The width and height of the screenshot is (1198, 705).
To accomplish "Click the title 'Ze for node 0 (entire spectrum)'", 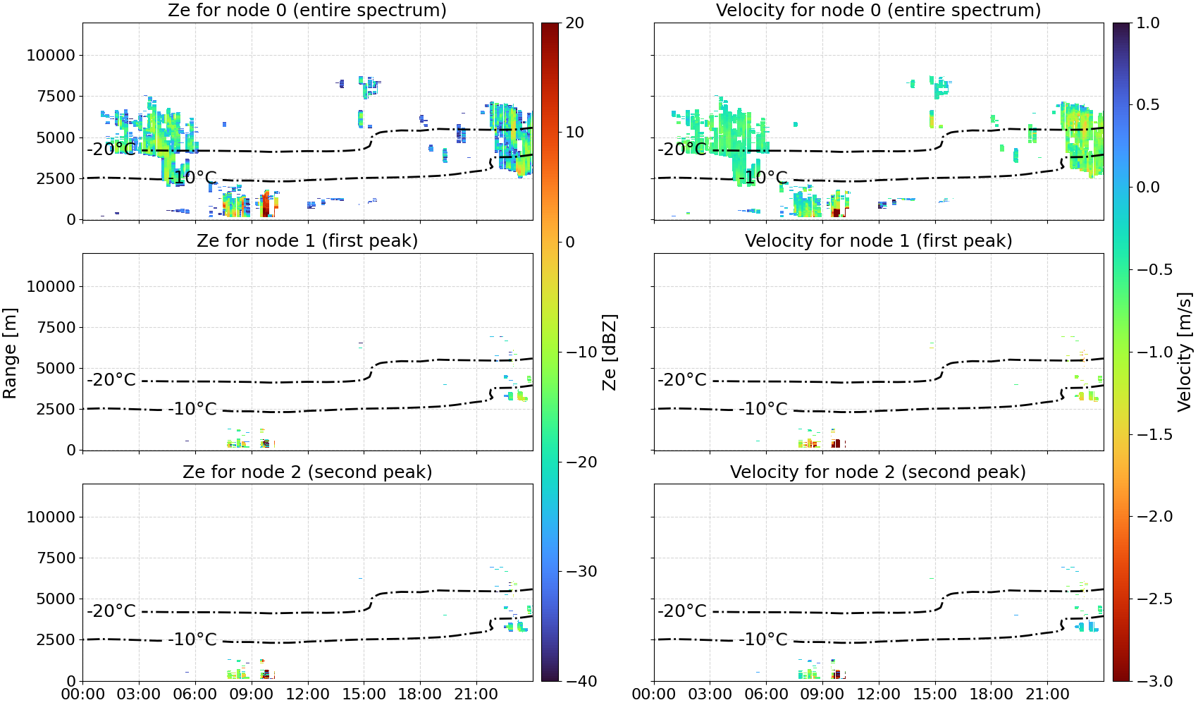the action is tap(307, 10).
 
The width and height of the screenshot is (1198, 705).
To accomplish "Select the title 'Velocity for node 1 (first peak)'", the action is tap(879, 240).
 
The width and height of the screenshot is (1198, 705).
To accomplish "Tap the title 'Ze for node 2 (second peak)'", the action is tap(307, 472).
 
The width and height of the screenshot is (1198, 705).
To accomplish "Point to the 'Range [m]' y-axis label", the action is tap(10, 352).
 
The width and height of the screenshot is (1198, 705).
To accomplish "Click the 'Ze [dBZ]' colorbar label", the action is tap(609, 352).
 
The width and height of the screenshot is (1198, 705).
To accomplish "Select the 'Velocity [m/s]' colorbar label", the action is tap(1185, 352).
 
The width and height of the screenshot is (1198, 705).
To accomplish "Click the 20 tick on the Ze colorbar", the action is tap(574, 23).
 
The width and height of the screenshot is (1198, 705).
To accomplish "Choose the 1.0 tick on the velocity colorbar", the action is tap(1148, 23).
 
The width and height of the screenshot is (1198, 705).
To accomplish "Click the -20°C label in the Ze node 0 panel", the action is tap(112, 149).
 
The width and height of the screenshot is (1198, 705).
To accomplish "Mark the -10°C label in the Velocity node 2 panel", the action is tap(763, 639).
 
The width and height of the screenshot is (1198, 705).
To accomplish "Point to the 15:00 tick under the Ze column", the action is tap(364, 694).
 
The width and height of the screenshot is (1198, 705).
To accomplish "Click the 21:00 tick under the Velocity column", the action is tap(1047, 694).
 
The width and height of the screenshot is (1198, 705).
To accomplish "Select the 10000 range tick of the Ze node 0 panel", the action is tap(51, 55).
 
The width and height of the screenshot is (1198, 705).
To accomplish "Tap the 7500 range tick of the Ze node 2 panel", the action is tap(56, 558).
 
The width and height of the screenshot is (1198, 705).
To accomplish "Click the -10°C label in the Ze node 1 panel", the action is tap(192, 409).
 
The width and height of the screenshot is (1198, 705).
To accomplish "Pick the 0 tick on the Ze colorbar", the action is tap(569, 243).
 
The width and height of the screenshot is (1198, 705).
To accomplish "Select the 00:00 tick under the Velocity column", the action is tap(653, 694).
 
